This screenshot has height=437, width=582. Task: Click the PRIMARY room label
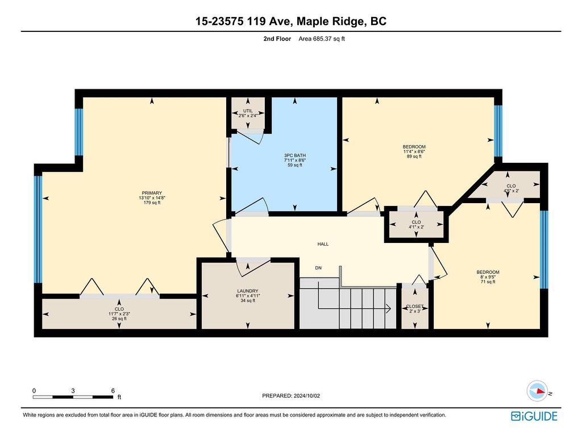[x=152, y=193]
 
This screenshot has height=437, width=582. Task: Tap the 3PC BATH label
[x=295, y=155]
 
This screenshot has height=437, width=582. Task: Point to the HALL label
[x=323, y=244]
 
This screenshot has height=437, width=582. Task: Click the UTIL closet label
[x=248, y=111]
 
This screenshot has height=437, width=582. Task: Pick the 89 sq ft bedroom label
[x=414, y=147]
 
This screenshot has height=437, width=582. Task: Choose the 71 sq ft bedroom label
[x=488, y=272]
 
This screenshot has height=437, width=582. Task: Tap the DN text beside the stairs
[x=318, y=268]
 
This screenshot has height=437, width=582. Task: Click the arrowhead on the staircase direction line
[x=388, y=308]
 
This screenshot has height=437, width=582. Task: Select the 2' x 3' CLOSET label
[x=414, y=307]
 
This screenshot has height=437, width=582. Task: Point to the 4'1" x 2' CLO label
[x=416, y=222]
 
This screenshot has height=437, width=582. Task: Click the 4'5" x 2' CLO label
[x=511, y=186]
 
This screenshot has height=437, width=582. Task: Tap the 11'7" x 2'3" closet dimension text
[x=119, y=314]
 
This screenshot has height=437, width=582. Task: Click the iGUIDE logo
[x=534, y=416]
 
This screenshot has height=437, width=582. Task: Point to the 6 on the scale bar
[x=113, y=390]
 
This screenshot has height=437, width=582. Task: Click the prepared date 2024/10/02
[x=306, y=396]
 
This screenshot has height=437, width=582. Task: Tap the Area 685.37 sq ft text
[x=322, y=39]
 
